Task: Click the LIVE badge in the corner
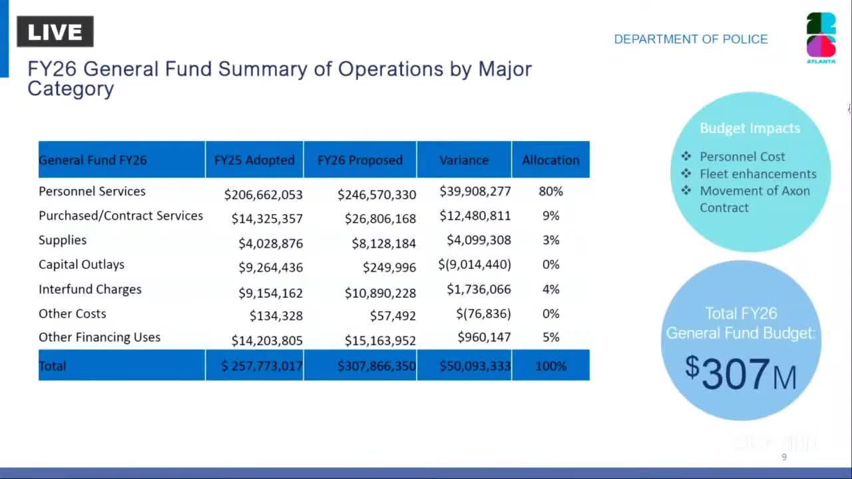[55, 31]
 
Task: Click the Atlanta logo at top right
[821, 37]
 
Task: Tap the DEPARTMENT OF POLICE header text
[690, 39]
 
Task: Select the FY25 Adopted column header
[254, 160]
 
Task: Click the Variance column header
[464, 160]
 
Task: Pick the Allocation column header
[550, 160]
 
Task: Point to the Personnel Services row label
[92, 192]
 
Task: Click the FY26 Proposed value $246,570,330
[377, 194]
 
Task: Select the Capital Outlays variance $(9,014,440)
[475, 264]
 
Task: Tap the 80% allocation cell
[550, 192]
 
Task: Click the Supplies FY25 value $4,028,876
[270, 243]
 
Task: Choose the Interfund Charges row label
[90, 289]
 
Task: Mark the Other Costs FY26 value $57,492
[393, 316]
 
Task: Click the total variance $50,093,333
[475, 366]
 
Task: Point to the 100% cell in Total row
[550, 366]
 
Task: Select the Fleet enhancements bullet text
[757, 174]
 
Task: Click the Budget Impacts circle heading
[749, 128]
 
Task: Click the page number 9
[783, 457]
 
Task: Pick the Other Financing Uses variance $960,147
[484, 337]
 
